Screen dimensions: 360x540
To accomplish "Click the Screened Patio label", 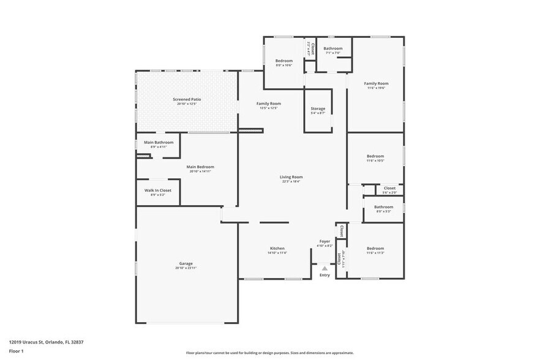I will click(187, 99).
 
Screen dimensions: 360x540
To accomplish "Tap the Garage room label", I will click(186, 263).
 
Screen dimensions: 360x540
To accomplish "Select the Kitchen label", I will click(277, 248).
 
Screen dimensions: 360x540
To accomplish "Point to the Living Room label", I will click(292, 177).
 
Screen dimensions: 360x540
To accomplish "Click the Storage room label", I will click(318, 108).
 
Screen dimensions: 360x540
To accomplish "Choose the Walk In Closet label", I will click(157, 190).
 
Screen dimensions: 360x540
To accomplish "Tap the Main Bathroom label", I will click(159, 142).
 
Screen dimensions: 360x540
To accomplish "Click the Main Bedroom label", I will click(200, 167).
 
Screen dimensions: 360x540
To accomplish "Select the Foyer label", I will click(324, 241).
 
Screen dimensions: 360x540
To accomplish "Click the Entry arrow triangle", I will click(324, 268).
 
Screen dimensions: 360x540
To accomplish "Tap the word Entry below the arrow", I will click(324, 275).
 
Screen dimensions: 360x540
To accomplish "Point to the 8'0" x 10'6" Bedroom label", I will click(283, 65).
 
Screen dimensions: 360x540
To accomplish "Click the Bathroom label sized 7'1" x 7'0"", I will click(333, 53).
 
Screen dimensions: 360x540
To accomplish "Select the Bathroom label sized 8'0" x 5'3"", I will click(383, 211).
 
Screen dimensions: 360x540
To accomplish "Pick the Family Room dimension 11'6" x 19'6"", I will click(376, 88).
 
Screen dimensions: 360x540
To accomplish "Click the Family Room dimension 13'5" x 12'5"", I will click(268, 108).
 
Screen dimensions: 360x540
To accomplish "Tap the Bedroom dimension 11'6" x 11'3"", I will click(375, 253).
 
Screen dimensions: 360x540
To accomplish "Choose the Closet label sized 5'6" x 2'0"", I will click(389, 192).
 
